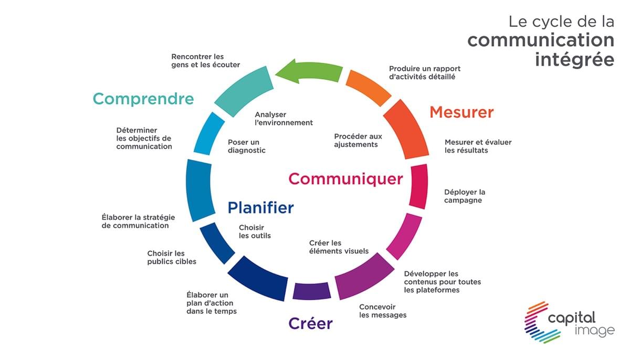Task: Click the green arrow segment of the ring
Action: [309, 71]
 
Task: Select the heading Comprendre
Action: [143, 99]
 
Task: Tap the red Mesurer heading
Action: [461, 112]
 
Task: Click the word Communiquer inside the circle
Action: [345, 179]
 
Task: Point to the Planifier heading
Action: [261, 208]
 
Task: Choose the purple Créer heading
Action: [310, 323]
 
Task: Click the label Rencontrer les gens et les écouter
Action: [206, 61]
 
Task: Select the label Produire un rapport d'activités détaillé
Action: [425, 73]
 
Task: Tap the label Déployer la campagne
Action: [465, 196]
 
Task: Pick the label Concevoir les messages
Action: [383, 311]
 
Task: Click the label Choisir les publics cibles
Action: [172, 258]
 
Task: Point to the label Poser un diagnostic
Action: [247, 146]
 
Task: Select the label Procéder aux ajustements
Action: [358, 140]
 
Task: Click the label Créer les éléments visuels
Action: [339, 247]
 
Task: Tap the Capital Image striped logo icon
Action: [541, 322]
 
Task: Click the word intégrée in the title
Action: [574, 60]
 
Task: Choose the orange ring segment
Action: [369, 88]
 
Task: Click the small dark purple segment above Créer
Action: [312, 291]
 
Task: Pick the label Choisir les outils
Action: [255, 231]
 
